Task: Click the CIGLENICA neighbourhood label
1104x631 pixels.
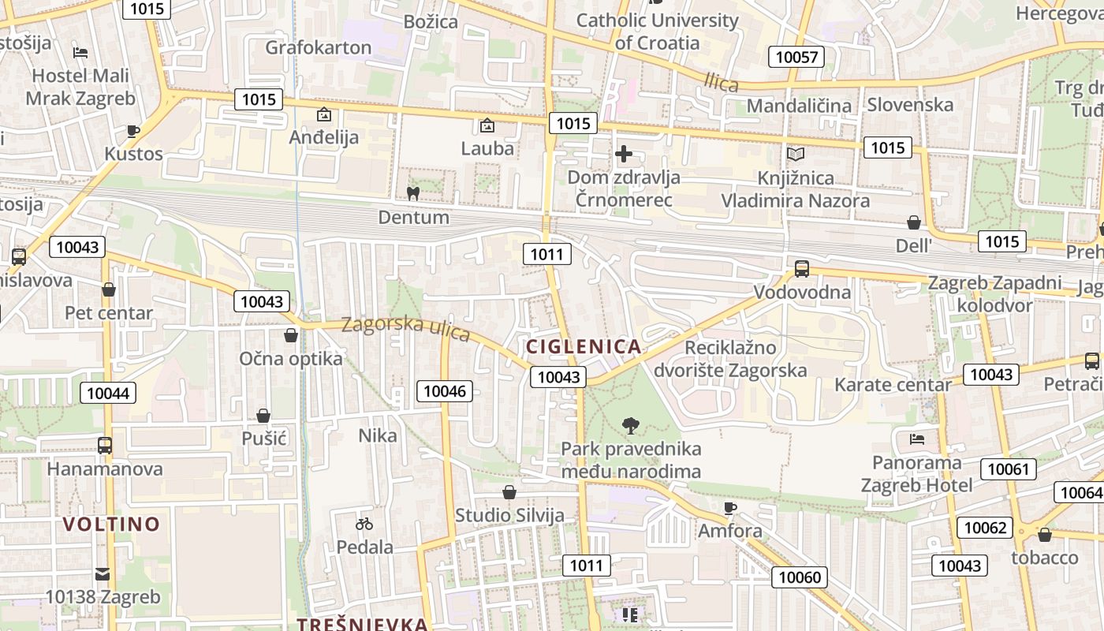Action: pyautogui.click(x=583, y=346)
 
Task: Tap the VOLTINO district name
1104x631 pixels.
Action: pyautogui.click(x=111, y=524)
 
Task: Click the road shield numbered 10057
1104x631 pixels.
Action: pyautogui.click(x=796, y=57)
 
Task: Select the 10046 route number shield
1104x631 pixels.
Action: pyautogui.click(x=446, y=390)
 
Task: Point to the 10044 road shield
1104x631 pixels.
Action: pyautogui.click(x=108, y=393)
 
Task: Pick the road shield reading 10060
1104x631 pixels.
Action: pyautogui.click(x=800, y=577)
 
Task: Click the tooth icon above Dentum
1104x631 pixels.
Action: pyautogui.click(x=412, y=192)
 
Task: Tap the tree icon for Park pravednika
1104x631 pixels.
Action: pyautogui.click(x=630, y=426)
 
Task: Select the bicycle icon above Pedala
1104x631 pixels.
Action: pyautogui.click(x=364, y=523)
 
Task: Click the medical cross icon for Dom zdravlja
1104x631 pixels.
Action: pyautogui.click(x=624, y=153)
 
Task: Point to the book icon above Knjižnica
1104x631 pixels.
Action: pyautogui.click(x=795, y=154)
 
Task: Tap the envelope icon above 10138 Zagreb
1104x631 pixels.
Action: pyautogui.click(x=103, y=573)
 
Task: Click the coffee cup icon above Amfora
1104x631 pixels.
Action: pyautogui.click(x=729, y=507)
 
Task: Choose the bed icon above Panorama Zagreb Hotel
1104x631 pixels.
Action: pyautogui.click(x=916, y=439)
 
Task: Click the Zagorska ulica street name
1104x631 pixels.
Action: pyautogui.click(x=405, y=328)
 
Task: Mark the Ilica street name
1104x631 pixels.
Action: pyautogui.click(x=721, y=82)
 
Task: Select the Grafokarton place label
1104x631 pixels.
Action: pyautogui.click(x=318, y=47)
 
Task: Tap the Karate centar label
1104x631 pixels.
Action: pyautogui.click(x=893, y=385)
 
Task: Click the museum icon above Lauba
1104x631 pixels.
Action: pyautogui.click(x=487, y=125)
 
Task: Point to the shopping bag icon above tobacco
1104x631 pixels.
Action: pyautogui.click(x=1045, y=535)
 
